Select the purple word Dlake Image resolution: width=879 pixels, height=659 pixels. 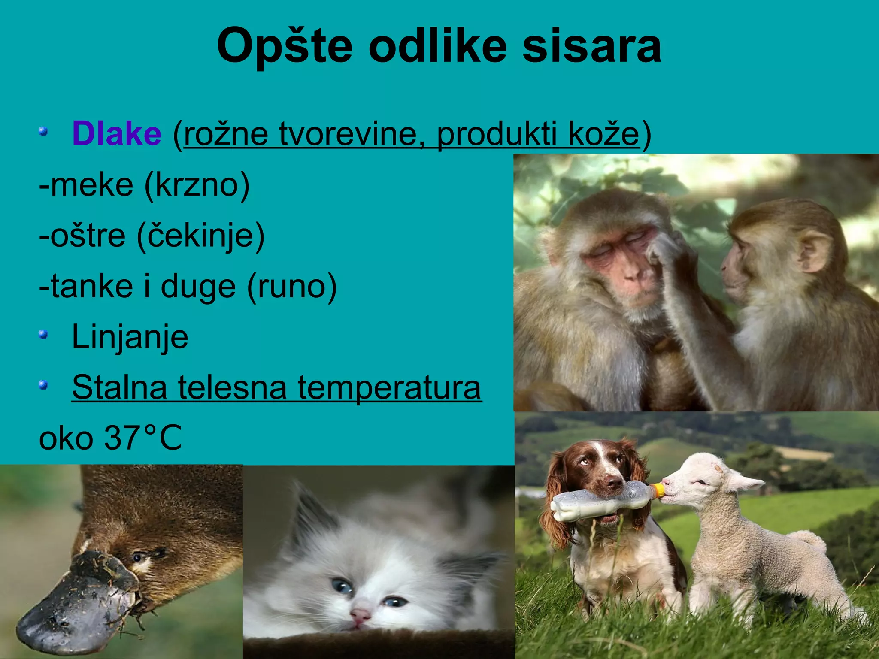117,134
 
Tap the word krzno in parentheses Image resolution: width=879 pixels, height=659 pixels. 197,185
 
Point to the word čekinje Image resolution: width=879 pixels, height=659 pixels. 200,236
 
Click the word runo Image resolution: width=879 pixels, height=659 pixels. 292,287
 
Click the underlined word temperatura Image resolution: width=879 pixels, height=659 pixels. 389,387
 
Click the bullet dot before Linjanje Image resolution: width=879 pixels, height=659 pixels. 43,334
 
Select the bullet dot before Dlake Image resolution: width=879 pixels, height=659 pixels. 43,131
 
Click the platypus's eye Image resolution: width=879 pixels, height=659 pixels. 137,558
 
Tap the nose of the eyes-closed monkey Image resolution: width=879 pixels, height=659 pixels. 631,275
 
